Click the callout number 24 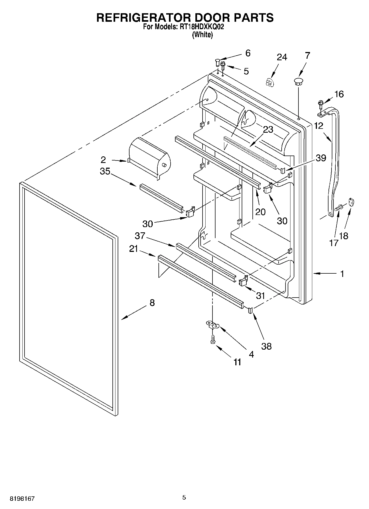tap(282, 57)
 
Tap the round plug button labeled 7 tap(298, 81)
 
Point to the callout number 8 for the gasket tap(152, 303)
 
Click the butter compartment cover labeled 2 tap(149, 157)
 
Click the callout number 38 tap(266, 346)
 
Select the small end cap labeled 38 tap(250, 310)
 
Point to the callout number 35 tap(105, 171)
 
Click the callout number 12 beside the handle tap(319, 126)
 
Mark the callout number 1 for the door tap(342, 274)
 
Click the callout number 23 tap(268, 129)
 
